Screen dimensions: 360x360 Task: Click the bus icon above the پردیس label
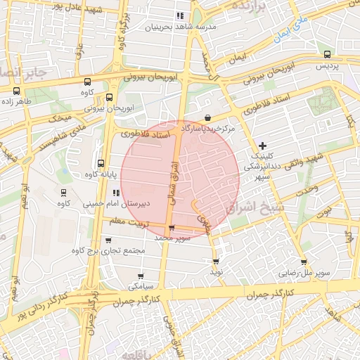click(327, 54)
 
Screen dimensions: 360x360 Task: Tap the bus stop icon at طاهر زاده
click(16, 91)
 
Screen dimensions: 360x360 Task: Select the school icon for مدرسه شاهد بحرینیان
click(180, 15)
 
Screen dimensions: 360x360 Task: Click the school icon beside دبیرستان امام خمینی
click(116, 193)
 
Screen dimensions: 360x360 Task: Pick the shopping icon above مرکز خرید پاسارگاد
click(207, 118)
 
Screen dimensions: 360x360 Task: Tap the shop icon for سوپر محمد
click(172, 229)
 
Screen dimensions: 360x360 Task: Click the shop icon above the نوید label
click(215, 261)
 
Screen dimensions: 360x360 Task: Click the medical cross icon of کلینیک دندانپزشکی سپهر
click(263, 145)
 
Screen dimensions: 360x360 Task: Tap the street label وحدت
click(307, 188)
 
